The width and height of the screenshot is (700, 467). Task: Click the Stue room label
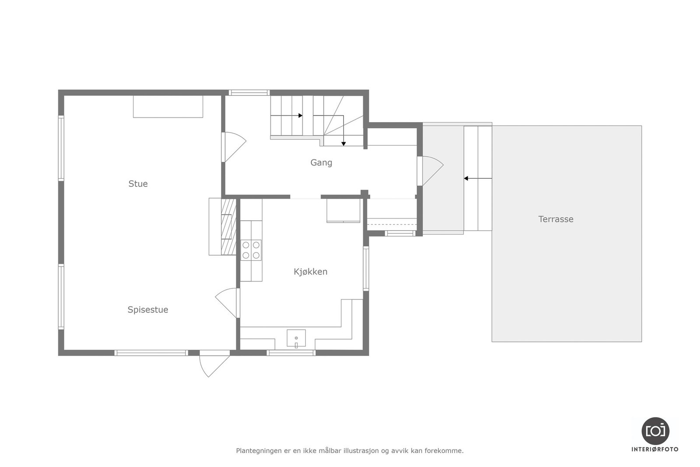click(138, 184)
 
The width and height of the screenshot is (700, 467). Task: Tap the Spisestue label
click(148, 310)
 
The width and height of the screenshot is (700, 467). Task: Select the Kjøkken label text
click(310, 272)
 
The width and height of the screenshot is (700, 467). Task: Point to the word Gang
click(321, 163)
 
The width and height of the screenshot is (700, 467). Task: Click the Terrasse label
click(556, 219)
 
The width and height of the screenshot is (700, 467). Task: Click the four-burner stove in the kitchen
click(251, 250)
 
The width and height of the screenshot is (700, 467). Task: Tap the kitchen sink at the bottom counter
click(296, 338)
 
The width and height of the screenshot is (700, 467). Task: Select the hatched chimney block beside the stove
click(228, 227)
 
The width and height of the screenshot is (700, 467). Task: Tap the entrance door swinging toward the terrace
click(430, 170)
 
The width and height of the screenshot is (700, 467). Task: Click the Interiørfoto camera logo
click(655, 431)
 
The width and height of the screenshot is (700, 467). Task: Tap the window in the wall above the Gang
click(249, 92)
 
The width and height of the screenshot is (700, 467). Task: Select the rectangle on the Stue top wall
click(168, 107)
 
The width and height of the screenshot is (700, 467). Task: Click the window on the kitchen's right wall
click(366, 268)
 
